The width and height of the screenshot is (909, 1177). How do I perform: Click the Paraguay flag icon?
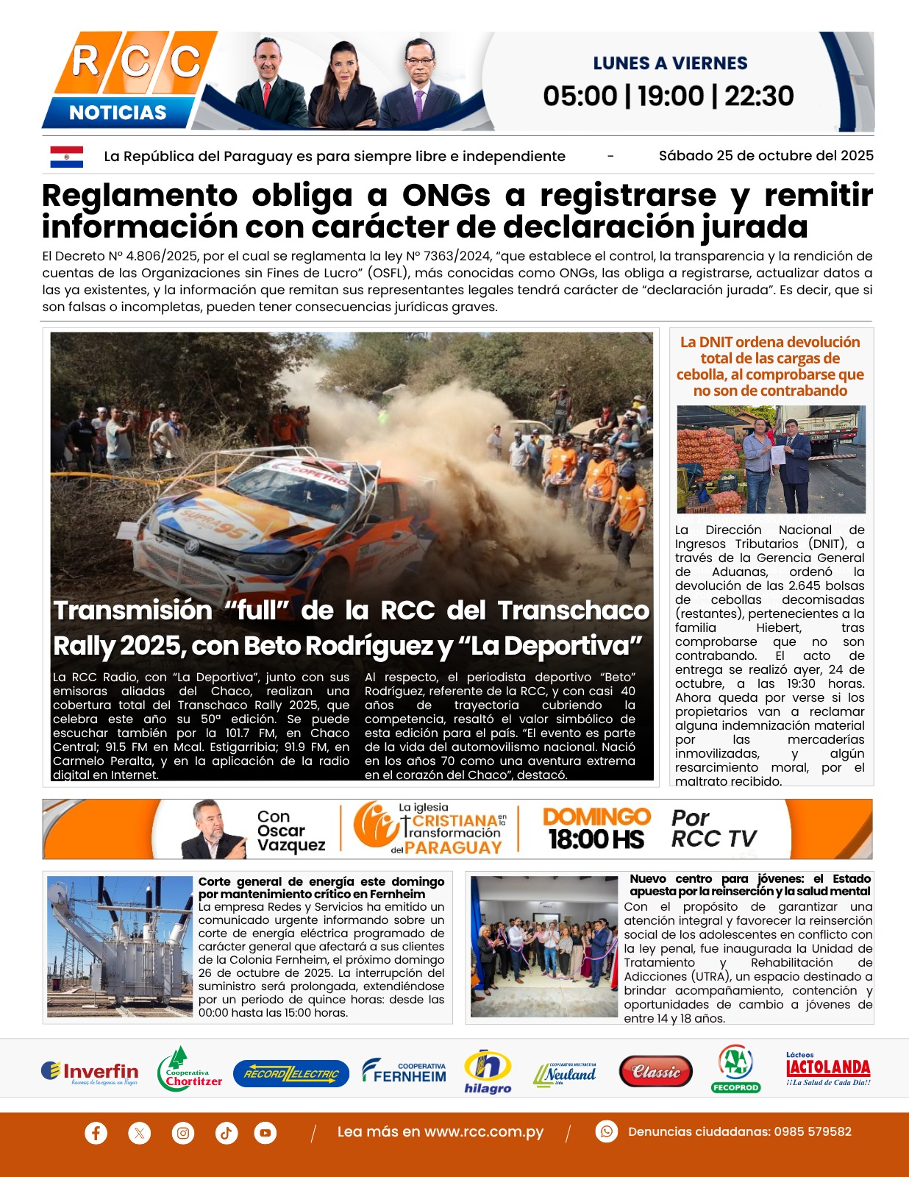(x=66, y=156)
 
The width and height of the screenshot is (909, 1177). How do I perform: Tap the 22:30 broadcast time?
(x=759, y=96)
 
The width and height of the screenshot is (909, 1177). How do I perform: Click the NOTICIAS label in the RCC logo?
(x=118, y=113)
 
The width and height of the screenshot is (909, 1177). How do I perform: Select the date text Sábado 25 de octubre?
(x=766, y=156)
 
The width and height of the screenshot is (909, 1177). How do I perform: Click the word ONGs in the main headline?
(x=446, y=196)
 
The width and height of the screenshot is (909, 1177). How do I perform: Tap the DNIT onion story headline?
(x=770, y=366)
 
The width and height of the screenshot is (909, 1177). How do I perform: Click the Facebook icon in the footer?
(x=96, y=1132)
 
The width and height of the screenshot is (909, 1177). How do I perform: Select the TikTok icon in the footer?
(x=226, y=1132)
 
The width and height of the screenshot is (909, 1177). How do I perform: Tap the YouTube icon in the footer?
(x=265, y=1132)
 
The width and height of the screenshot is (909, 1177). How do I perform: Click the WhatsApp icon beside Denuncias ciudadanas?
(x=606, y=1131)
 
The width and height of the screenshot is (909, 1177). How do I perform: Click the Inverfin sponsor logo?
(x=90, y=1073)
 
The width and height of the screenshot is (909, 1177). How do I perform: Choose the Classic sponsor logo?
(x=655, y=1072)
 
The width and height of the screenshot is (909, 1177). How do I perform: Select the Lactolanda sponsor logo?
(x=828, y=1070)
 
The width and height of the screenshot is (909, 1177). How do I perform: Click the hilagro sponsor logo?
(x=488, y=1072)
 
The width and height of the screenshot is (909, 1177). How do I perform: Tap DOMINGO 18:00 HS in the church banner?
(x=596, y=829)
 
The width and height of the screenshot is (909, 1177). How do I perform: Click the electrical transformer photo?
(x=120, y=946)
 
